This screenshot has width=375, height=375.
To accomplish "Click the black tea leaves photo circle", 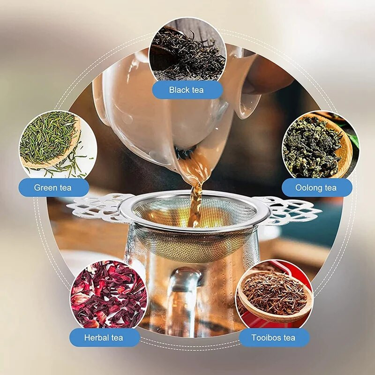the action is point(187,55).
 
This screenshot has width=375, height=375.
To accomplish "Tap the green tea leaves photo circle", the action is point(58,148).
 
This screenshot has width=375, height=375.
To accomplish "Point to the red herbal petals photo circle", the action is point(109,298).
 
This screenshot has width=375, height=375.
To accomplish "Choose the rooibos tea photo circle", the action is point(275,298).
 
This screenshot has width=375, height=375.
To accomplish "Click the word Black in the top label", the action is point(177,90).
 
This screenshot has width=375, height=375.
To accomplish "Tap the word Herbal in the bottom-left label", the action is point(95,337).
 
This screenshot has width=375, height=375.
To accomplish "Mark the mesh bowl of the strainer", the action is point(194,230).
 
